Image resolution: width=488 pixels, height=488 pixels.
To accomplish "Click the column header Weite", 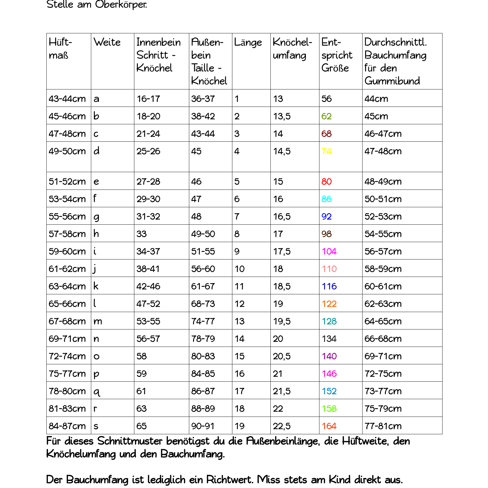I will pos(107,42).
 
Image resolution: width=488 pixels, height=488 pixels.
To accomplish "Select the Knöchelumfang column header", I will pos(292,49).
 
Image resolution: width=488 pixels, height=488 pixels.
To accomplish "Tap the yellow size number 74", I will pos(327,151).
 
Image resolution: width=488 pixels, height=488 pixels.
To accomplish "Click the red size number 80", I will pos(327,181).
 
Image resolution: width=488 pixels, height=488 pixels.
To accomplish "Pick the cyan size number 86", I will pos(327,199).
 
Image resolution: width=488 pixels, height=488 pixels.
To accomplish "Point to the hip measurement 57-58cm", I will pos(67,234).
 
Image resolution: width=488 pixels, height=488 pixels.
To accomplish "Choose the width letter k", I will pos(96,286).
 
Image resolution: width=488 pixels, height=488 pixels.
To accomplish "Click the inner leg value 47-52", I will pos(148,303).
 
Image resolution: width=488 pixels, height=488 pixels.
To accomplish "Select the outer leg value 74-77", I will pos(203,321).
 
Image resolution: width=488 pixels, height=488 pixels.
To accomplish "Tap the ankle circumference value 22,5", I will pos(282,426).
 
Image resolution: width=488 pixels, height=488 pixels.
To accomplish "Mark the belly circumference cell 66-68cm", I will pos(383,338).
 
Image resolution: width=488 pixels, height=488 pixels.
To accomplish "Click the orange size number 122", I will pos(329,303).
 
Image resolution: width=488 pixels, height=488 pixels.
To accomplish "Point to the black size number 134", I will pos(329,338).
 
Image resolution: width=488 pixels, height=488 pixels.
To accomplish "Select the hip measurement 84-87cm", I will pos(67,426).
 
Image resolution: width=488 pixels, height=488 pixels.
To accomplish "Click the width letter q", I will pos(97,391).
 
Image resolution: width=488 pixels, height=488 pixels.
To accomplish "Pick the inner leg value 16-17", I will pos(148,99).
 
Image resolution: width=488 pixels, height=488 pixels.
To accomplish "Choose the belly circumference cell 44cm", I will pos(376,99).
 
